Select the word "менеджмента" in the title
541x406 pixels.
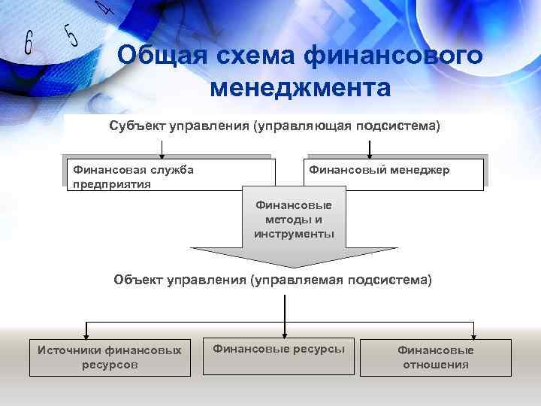click(x=301, y=89)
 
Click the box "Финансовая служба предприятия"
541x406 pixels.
click(x=167, y=176)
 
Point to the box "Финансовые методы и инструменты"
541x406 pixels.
click(x=294, y=219)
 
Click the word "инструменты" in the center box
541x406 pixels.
click(x=294, y=234)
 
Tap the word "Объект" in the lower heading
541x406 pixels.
click(x=138, y=280)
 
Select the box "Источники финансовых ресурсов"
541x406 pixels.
click(x=110, y=357)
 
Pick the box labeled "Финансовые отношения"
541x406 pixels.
click(x=436, y=357)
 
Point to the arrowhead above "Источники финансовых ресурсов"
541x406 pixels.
click(x=87, y=335)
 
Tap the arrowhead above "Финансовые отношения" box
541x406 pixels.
click(x=473, y=335)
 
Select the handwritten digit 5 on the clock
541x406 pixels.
click(x=70, y=33)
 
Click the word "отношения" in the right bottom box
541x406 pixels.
click(x=436, y=365)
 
